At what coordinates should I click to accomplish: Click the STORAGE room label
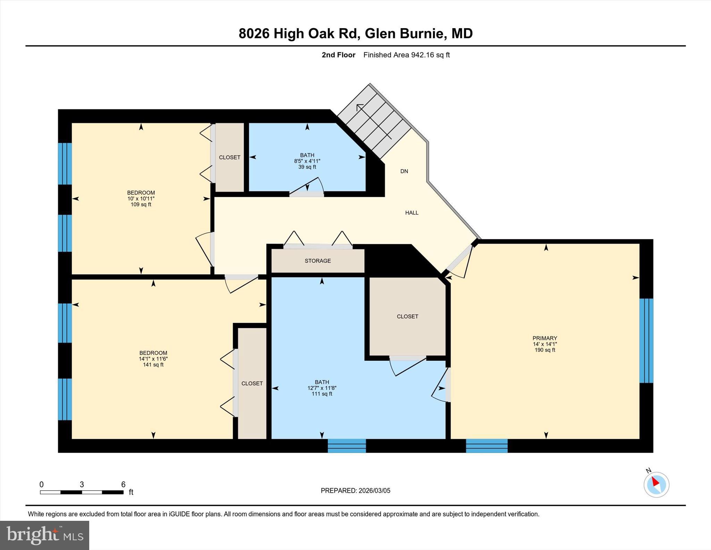tap(318, 261)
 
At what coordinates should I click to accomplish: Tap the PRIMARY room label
tap(545, 338)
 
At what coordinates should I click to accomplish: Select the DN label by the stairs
tap(404, 171)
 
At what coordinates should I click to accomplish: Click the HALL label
tap(412, 213)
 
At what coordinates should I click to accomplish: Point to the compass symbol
tap(656, 484)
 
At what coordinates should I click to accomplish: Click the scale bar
tap(82, 492)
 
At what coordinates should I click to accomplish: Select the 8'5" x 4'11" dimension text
tap(307, 161)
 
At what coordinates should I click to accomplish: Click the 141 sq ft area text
tap(153, 365)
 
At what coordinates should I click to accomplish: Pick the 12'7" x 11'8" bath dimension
tap(322, 388)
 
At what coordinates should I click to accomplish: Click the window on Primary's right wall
tap(646, 340)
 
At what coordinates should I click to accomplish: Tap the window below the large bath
tap(347, 446)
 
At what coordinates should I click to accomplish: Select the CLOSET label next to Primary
tap(407, 317)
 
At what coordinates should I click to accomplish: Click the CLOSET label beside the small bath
tap(229, 157)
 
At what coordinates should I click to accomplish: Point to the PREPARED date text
tap(355, 491)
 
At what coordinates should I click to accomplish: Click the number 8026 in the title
tap(254, 34)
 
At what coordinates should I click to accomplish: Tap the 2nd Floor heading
tap(338, 55)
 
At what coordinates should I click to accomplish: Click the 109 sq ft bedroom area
tap(141, 205)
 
